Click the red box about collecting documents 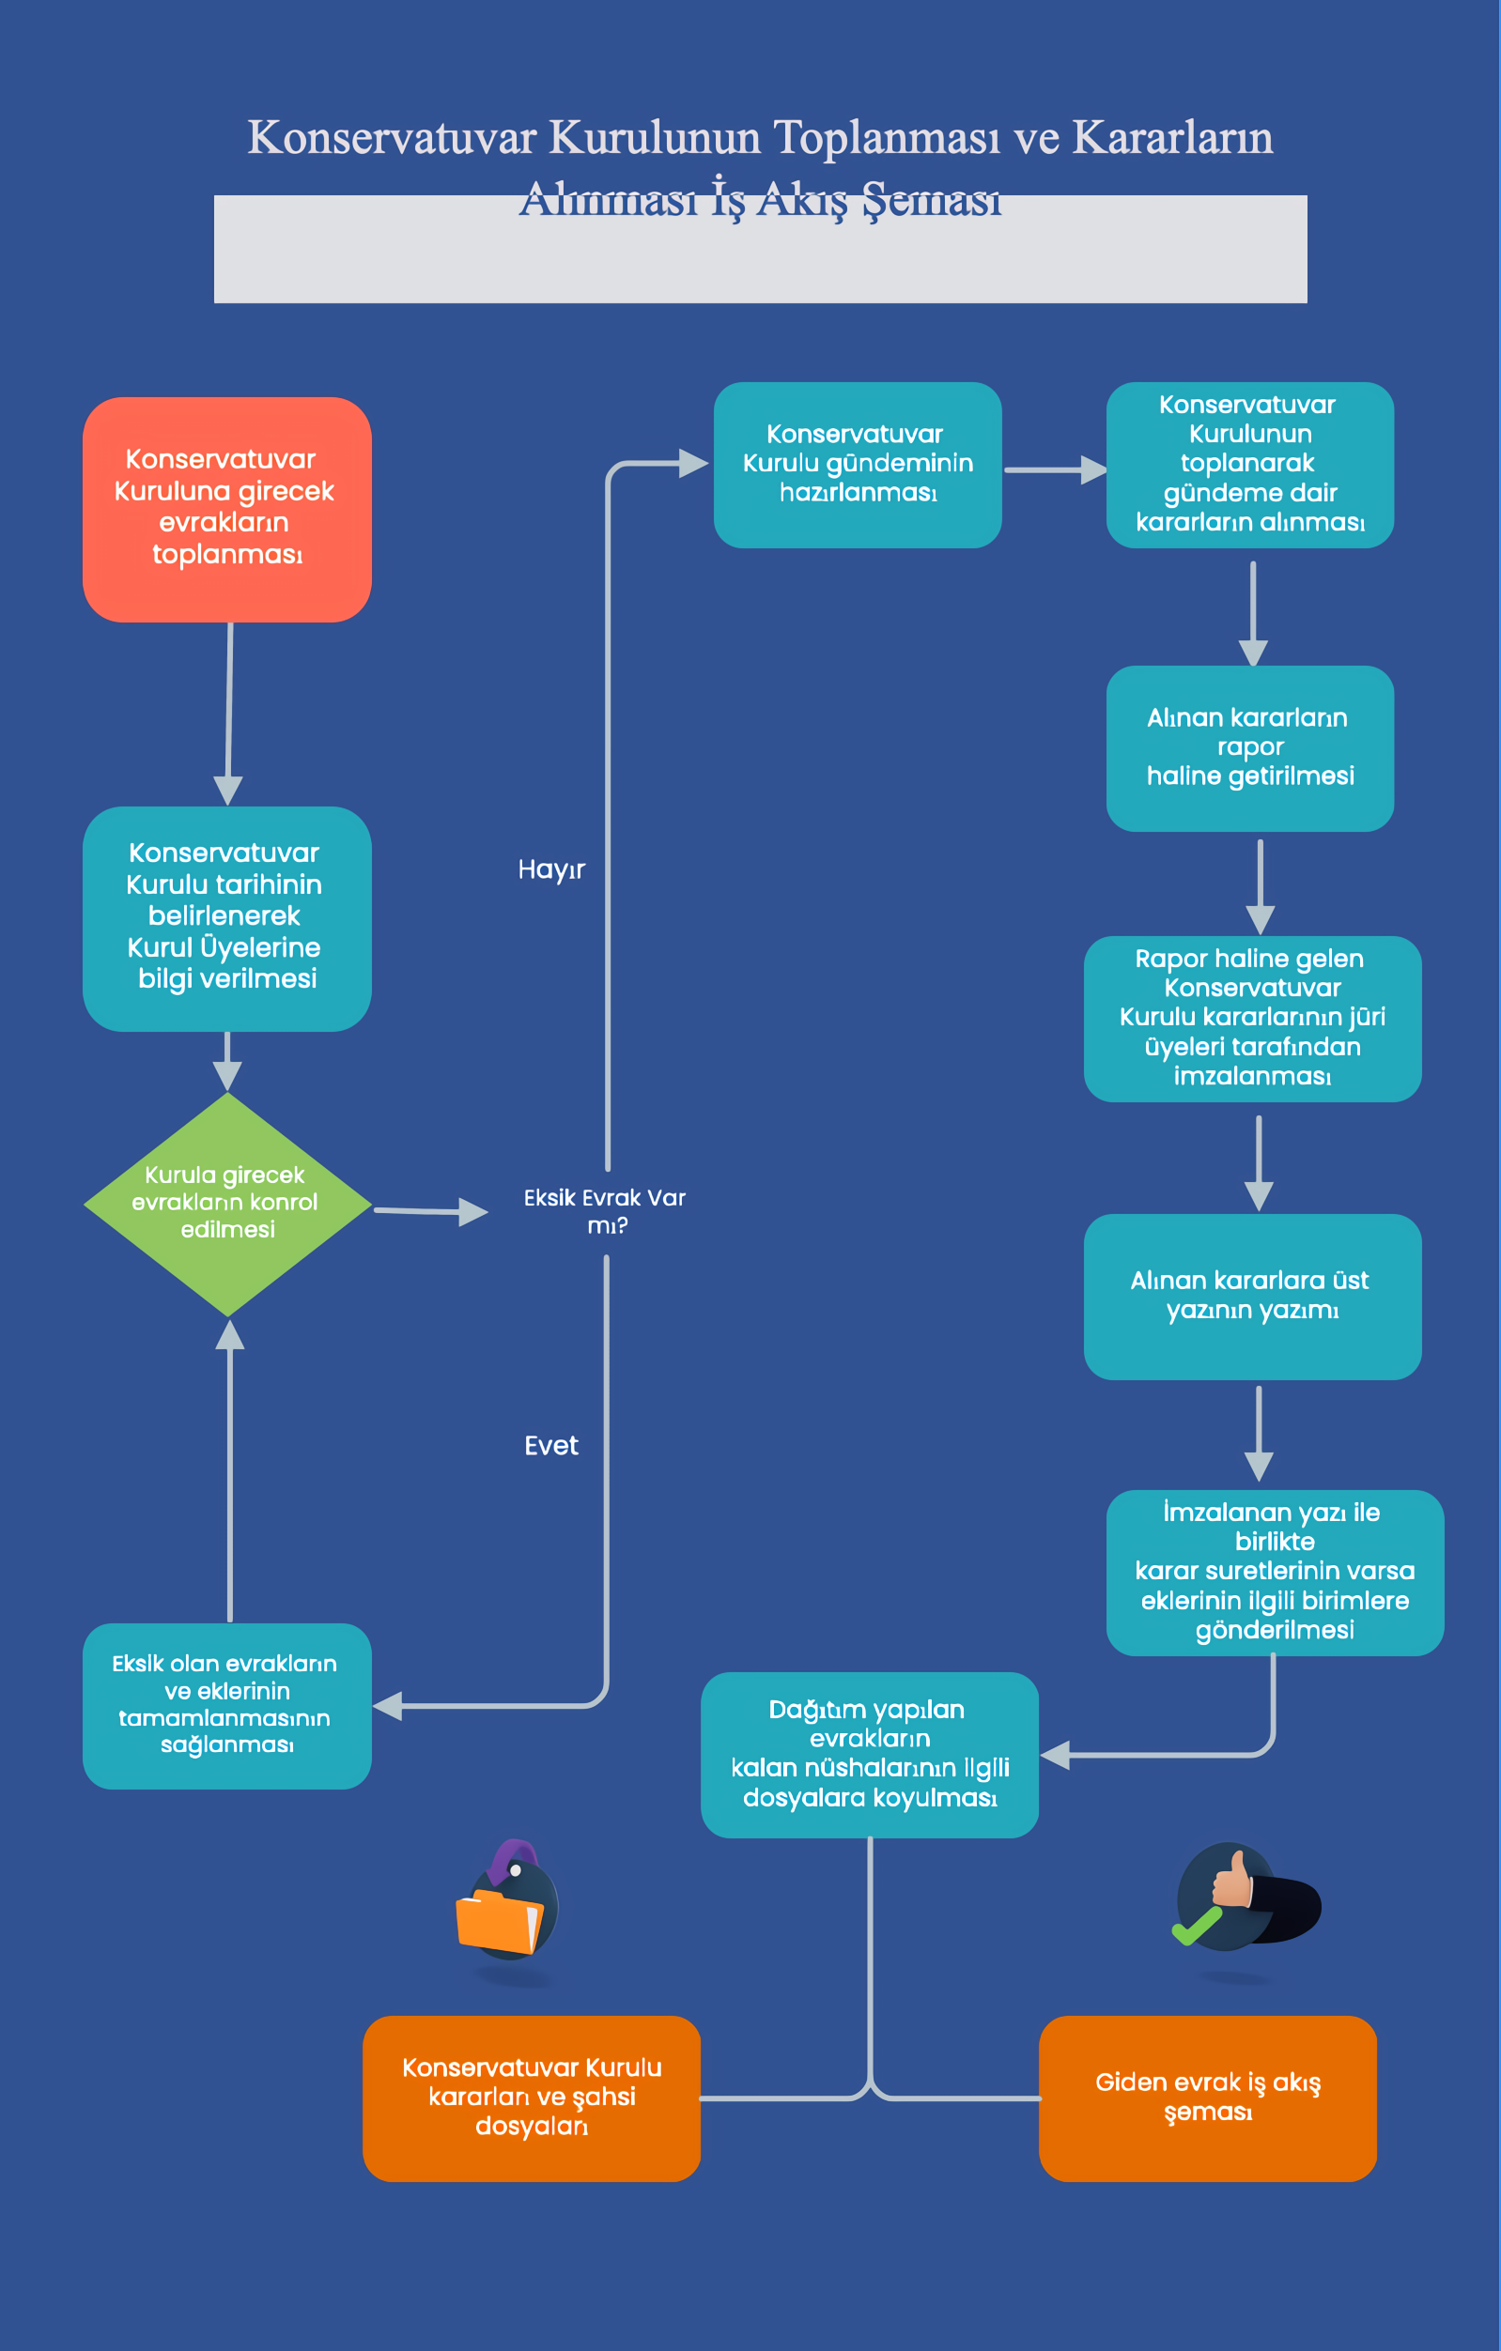(x=226, y=510)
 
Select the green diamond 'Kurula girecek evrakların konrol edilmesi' (x=227, y=1204)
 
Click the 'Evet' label (x=551, y=1446)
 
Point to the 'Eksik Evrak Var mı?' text (x=606, y=1211)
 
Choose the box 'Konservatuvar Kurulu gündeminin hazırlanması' (x=858, y=465)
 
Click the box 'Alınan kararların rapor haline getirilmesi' (x=1250, y=749)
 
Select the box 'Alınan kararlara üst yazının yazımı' (x=1253, y=1297)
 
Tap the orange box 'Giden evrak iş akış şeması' (x=1208, y=2098)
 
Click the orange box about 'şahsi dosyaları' (x=532, y=2098)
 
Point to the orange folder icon (x=499, y=1921)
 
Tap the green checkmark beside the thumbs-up (x=1197, y=1925)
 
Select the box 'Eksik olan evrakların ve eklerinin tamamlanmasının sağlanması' (x=226, y=1706)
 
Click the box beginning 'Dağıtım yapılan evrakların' (x=869, y=1755)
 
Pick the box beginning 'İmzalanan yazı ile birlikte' (x=1275, y=1572)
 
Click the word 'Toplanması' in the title (x=887, y=137)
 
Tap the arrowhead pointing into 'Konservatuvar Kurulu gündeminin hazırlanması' (x=693, y=463)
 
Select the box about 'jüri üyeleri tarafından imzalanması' (x=1253, y=1019)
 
